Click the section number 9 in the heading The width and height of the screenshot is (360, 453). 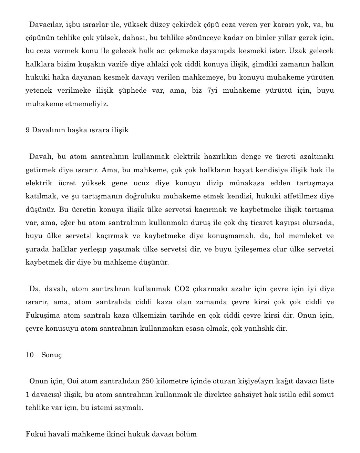28,130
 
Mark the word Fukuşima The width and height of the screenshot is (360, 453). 43,315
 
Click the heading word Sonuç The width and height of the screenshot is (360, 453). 52,355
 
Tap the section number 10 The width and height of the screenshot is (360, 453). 30,355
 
